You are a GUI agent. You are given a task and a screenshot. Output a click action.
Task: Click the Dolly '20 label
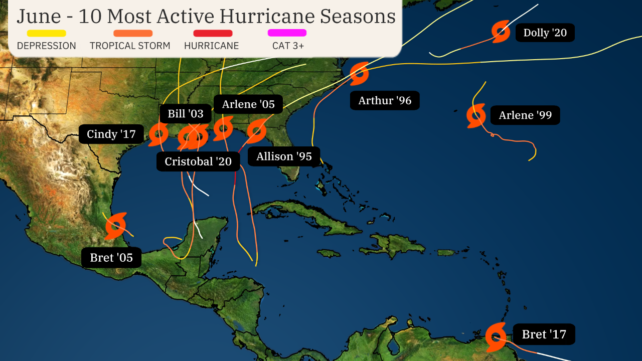[x=545, y=33]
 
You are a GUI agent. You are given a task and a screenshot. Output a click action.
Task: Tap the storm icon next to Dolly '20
[x=501, y=32]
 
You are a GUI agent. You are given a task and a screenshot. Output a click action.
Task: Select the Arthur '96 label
[x=385, y=101]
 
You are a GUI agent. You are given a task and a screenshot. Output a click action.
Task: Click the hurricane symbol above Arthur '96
[x=359, y=74]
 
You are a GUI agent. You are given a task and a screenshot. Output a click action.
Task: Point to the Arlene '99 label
[x=525, y=115]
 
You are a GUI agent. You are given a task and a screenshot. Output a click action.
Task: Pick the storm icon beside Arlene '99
[x=476, y=116]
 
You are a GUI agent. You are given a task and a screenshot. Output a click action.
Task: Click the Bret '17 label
[x=544, y=334]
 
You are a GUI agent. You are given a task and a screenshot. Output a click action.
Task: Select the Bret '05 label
[x=111, y=258]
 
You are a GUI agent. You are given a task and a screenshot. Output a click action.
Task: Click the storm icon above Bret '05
[x=116, y=226]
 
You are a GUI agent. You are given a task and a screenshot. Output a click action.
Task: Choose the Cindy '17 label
[x=111, y=134]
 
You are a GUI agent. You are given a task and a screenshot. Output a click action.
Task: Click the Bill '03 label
[x=186, y=114]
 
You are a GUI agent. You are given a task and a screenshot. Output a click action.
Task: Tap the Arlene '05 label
[x=248, y=104]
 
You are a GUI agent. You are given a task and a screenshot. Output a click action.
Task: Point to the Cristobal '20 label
[x=198, y=161]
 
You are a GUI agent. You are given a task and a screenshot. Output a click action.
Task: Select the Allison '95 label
[x=284, y=156]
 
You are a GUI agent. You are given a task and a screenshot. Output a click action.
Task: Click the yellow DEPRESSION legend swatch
[x=46, y=34]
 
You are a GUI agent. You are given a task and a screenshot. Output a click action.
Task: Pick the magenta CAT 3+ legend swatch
[x=287, y=33]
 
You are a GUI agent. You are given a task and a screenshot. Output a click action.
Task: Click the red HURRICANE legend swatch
[x=213, y=34]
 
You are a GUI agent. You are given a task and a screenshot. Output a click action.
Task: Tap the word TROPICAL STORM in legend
[x=130, y=46]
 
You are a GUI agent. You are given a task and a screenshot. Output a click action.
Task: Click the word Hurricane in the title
[x=268, y=16]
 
